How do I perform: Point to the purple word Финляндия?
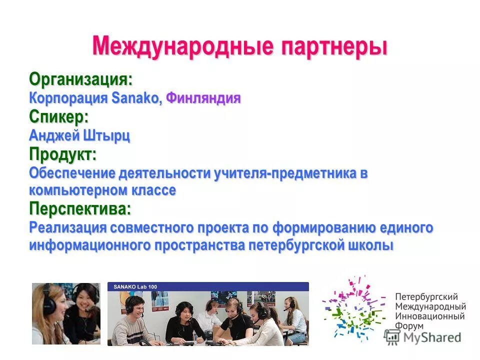pyautogui.click(x=203, y=98)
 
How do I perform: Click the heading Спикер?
pyautogui.click(x=59, y=117)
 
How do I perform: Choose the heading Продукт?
pyautogui.click(x=63, y=154)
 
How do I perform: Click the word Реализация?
pyautogui.click(x=68, y=227)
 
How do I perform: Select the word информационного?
pyautogui.click(x=90, y=245)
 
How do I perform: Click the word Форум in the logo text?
pyautogui.click(x=409, y=325)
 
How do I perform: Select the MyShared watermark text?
pyautogui.click(x=429, y=337)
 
